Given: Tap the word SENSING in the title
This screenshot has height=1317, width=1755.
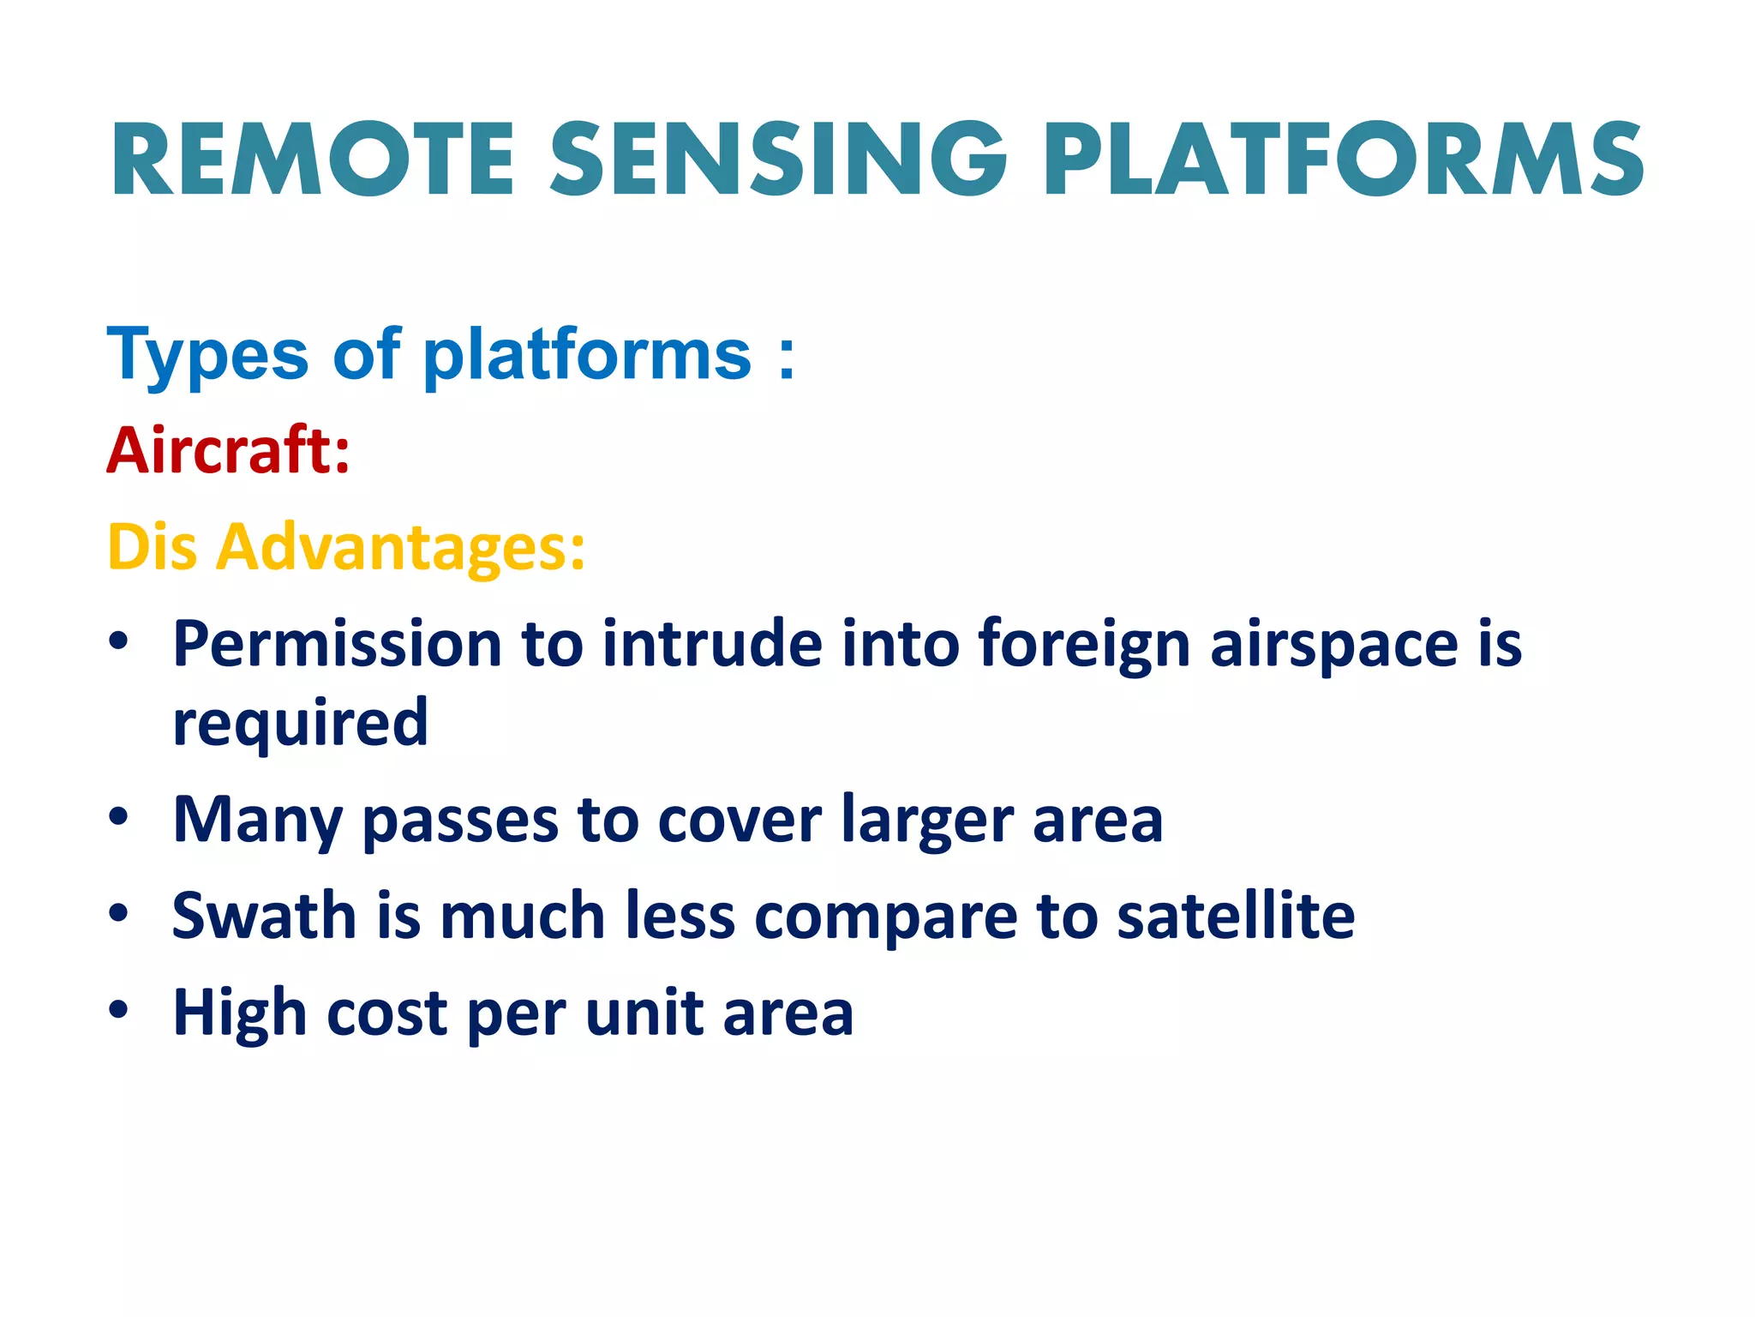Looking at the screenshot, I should (x=778, y=159).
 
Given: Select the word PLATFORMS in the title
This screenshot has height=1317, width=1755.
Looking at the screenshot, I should (x=1343, y=159).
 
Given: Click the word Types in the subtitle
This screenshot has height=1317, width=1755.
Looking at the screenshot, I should (x=207, y=355).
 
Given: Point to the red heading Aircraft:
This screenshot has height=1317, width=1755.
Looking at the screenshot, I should (x=229, y=450).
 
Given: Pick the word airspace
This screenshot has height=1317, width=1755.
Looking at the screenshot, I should (x=1333, y=645).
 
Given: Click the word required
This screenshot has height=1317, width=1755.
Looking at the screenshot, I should (x=300, y=723).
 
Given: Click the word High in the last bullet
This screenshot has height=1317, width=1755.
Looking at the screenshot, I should (x=239, y=1013).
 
